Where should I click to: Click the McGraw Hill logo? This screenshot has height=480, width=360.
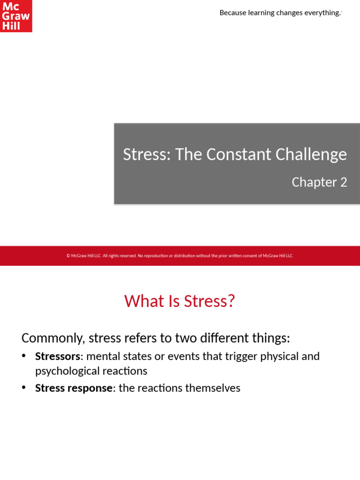click(x=16, y=16)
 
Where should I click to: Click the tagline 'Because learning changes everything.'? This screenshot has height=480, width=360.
click(x=280, y=13)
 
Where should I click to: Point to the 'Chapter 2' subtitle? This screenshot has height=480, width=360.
click(x=319, y=182)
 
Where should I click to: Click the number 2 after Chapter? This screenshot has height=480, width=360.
click(x=344, y=182)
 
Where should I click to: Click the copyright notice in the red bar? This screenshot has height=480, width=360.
click(x=180, y=256)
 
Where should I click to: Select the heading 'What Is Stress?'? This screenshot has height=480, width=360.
click(x=180, y=301)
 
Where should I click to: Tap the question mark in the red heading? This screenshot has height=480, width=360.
click(x=230, y=301)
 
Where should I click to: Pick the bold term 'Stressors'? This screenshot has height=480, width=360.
click(x=58, y=356)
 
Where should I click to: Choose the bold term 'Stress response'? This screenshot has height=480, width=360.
click(x=74, y=388)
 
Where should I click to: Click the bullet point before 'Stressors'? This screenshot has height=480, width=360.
click(x=24, y=356)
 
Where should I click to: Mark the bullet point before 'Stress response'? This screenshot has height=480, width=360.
click(x=24, y=388)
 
